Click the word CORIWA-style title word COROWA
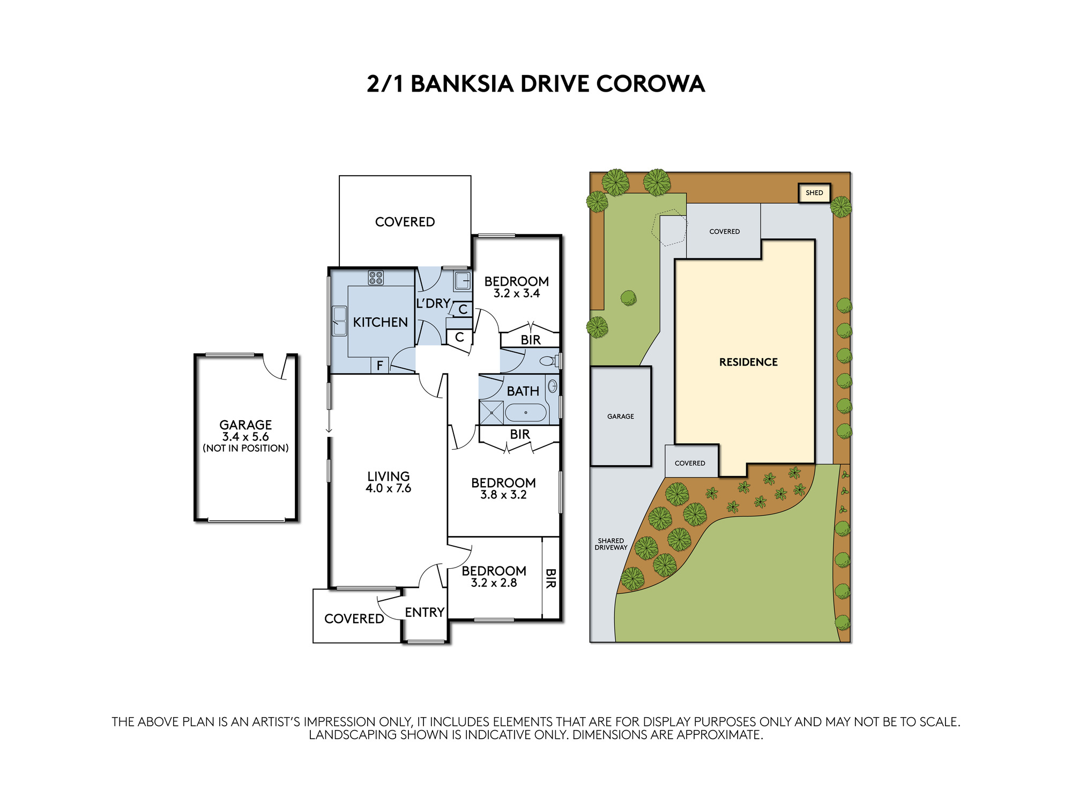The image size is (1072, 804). tap(650, 84)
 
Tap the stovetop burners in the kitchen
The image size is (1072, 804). tap(376, 278)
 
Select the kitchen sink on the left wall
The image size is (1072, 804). tap(339, 321)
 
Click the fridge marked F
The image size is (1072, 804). tap(379, 366)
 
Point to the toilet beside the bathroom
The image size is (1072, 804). tap(549, 361)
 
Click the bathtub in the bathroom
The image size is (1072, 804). tap(526, 413)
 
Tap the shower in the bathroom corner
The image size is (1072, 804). tap(492, 413)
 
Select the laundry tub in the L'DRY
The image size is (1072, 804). tap(463, 280)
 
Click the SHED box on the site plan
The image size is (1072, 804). tap(814, 193)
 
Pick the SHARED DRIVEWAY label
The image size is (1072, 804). tap(611, 544)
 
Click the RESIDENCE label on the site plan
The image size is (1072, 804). tap(748, 362)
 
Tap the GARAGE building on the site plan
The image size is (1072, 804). tap(621, 416)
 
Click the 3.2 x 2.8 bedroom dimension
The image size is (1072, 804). tap(494, 583)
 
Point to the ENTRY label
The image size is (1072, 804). tap(425, 612)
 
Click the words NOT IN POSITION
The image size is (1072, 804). tap(245, 448)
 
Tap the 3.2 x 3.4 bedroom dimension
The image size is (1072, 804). tap(517, 293)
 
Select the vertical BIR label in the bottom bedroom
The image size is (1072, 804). tap(550, 578)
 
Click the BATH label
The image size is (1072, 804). tap(523, 391)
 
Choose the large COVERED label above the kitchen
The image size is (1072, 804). tap(405, 222)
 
